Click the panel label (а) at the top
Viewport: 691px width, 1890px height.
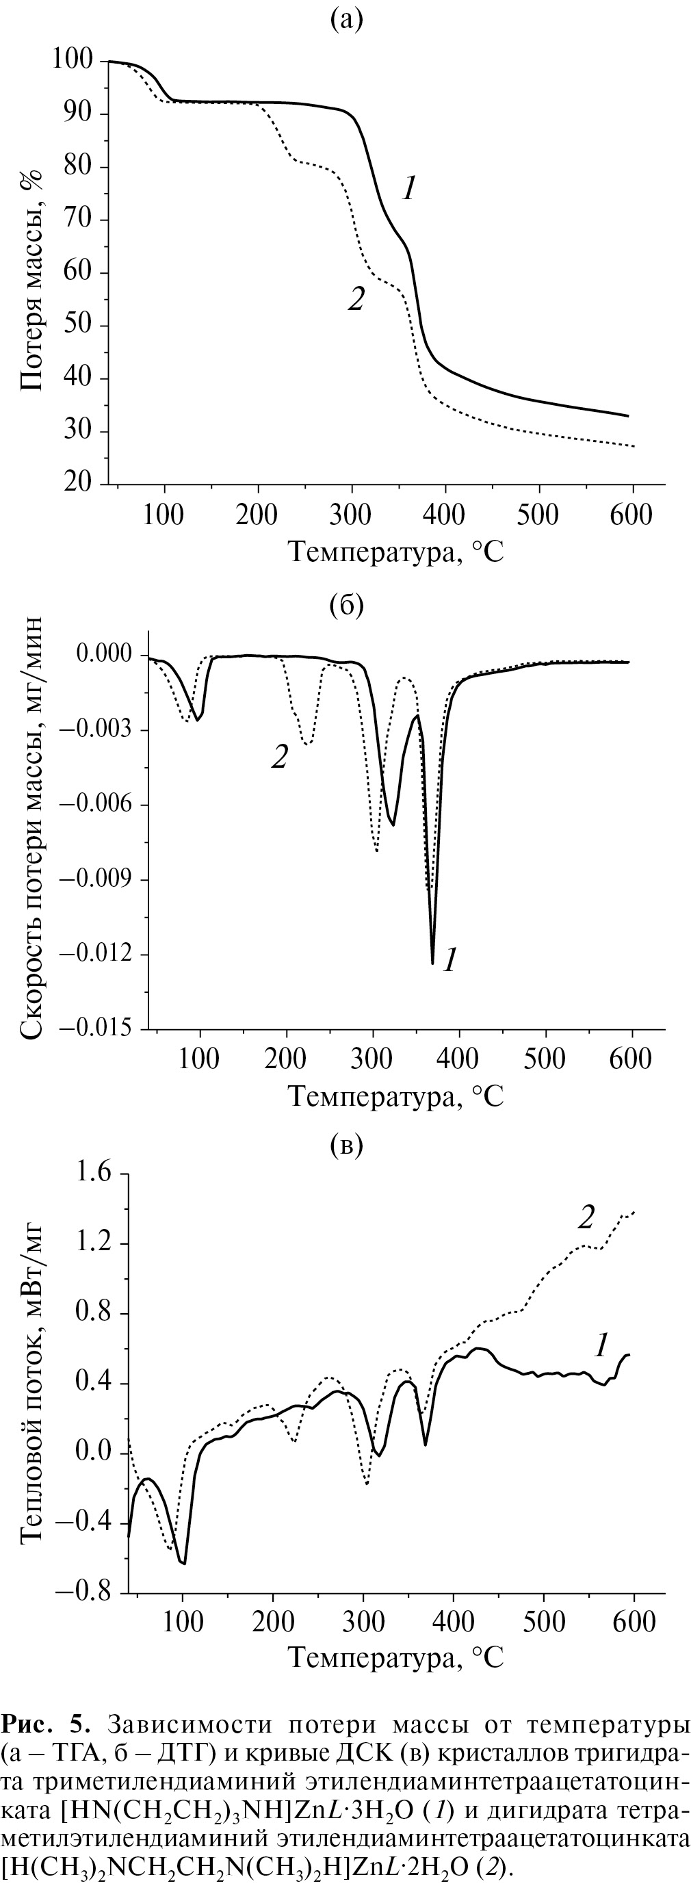coord(346,21)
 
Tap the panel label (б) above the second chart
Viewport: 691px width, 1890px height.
coord(346,606)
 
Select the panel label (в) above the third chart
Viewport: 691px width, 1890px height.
coord(346,1145)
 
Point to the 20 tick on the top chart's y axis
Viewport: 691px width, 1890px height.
coord(85,484)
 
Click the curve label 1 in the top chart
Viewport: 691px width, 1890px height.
coord(408,190)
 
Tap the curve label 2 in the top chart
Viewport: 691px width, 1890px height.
coord(356,298)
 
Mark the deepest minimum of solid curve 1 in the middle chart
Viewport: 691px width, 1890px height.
coord(433,963)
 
